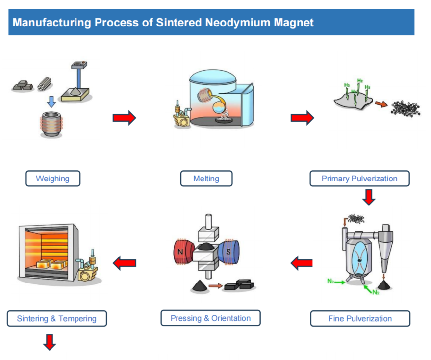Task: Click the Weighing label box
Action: pyautogui.click(x=52, y=179)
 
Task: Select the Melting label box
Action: pyautogui.click(x=206, y=179)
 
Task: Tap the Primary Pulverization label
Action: pyautogui.click(x=359, y=179)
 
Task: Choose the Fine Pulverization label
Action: pyautogui.click(x=360, y=319)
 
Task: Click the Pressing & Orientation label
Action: pyautogui.click(x=210, y=318)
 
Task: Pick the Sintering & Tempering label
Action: pyautogui.click(x=56, y=319)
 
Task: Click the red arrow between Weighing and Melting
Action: pyautogui.click(x=124, y=118)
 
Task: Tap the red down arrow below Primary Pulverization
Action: pyautogui.click(x=369, y=196)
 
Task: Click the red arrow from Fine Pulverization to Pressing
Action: pyautogui.click(x=302, y=263)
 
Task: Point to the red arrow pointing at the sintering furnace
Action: pyautogui.click(x=124, y=263)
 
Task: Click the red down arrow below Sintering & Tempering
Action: pyautogui.click(x=49, y=342)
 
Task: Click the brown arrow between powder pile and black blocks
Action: pyautogui.click(x=214, y=284)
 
